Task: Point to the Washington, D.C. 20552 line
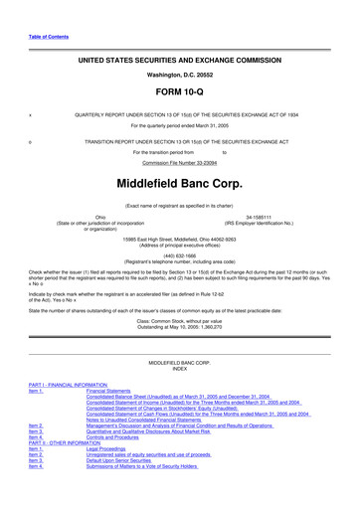(179, 73)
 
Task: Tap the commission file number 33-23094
(179, 161)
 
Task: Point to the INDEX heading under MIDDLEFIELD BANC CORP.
(179, 369)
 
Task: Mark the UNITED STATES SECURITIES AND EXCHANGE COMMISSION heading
(179, 60)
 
